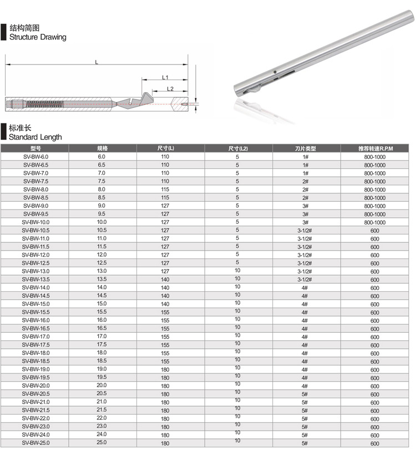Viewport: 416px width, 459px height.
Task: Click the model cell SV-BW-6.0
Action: [35, 157]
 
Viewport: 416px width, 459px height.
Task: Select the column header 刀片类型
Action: [305, 149]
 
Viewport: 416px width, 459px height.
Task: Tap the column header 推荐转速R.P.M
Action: [376, 149]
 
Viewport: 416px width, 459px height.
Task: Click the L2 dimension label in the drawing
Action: [170, 89]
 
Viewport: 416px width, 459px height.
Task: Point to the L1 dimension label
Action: [165, 78]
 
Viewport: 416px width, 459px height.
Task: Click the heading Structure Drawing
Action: [38, 37]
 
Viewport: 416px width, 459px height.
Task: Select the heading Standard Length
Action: [35, 137]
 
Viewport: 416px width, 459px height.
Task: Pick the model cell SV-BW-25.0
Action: [35, 443]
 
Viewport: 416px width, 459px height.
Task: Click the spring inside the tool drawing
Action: [45, 104]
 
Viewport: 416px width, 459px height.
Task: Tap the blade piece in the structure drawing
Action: [135, 102]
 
